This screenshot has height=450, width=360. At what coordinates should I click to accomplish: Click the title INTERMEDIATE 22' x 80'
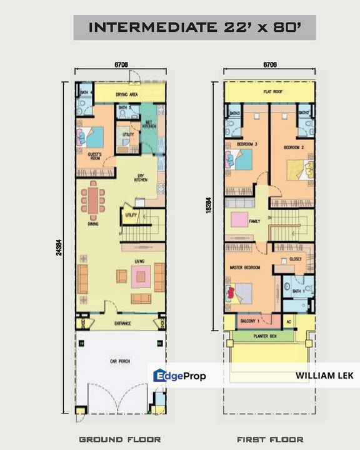194,27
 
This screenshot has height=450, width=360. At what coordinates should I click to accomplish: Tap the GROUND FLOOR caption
120,439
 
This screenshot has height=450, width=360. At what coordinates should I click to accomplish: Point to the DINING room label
93,223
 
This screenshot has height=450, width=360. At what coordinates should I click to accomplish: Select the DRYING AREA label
125,96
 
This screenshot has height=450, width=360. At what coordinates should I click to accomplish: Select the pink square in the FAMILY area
239,219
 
